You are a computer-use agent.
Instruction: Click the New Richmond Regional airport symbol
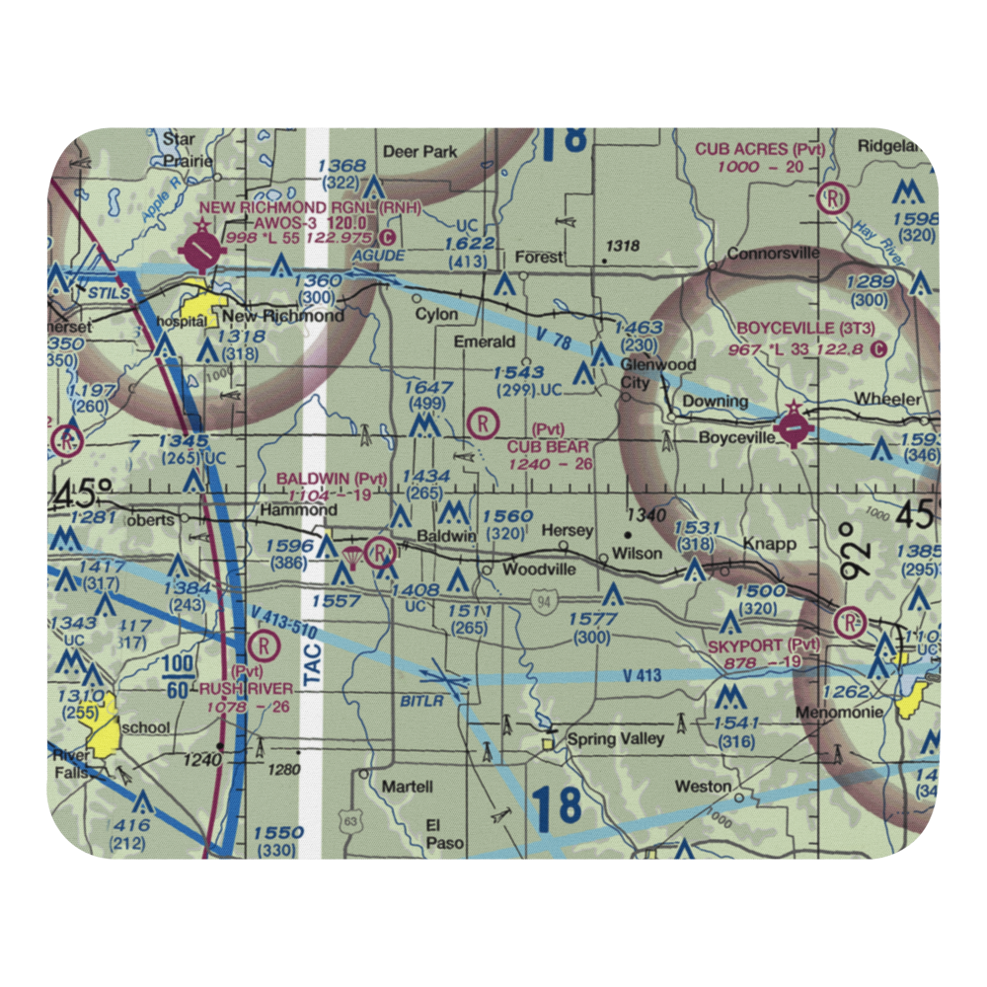(201, 254)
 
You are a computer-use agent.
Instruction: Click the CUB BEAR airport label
(549, 447)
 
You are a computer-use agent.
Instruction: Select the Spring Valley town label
(614, 738)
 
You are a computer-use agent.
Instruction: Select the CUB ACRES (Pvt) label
(759, 150)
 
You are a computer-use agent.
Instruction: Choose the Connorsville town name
(773, 254)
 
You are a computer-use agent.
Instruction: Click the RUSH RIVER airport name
(246, 688)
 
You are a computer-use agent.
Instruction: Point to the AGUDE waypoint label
(384, 255)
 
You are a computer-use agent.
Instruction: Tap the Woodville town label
(538, 570)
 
